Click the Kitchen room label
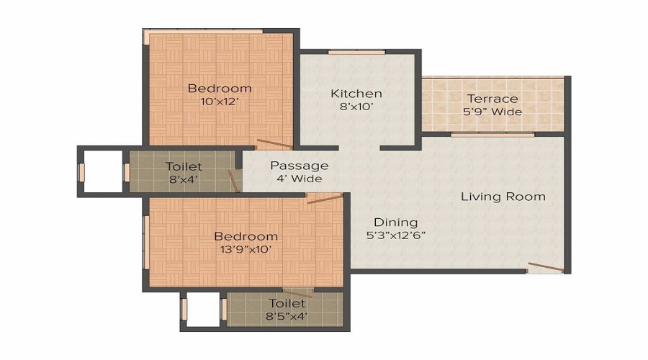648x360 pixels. pyautogui.click(x=356, y=94)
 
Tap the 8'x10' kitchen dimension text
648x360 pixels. pyautogui.click(x=356, y=107)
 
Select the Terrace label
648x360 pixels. pyautogui.click(x=492, y=99)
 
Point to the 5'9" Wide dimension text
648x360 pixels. pyautogui.click(x=492, y=112)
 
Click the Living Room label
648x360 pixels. pyautogui.click(x=503, y=196)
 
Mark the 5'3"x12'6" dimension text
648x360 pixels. pyautogui.click(x=391, y=235)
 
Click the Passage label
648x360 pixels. pyautogui.click(x=299, y=166)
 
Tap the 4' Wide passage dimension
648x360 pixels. pyautogui.click(x=299, y=179)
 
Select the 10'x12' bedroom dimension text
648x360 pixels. pyautogui.click(x=220, y=102)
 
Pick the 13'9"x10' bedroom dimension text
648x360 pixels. pyautogui.click(x=246, y=249)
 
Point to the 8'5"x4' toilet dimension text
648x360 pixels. pyautogui.click(x=287, y=316)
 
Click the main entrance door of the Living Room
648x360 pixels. pyautogui.click(x=545, y=269)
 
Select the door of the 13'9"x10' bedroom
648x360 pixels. pyautogui.click(x=324, y=198)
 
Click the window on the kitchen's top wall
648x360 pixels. pyautogui.click(x=346, y=52)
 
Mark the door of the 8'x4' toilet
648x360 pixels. pyautogui.click(x=233, y=181)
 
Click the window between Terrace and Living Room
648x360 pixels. pyautogui.click(x=492, y=135)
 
